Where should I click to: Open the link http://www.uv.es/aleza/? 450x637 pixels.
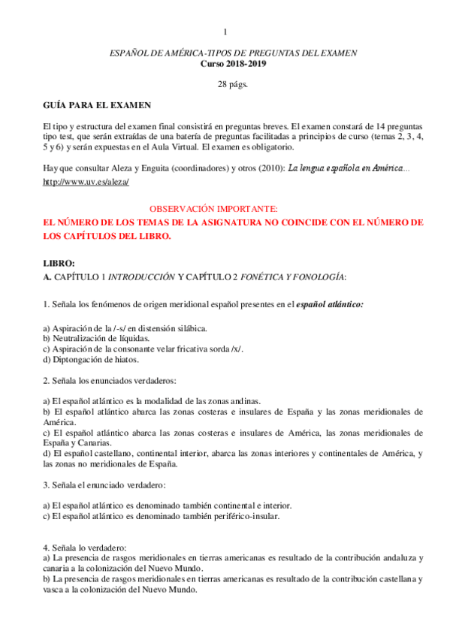86,182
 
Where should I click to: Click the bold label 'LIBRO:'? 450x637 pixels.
60,263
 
